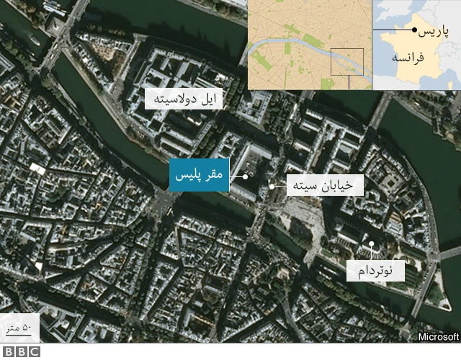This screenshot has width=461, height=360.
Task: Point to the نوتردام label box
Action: [375, 270]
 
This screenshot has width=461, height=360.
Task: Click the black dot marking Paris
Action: [414, 30]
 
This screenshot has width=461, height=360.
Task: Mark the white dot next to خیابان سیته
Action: [272, 186]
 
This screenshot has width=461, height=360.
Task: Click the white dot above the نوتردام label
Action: [372, 245]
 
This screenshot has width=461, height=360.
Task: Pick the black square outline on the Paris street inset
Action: [347, 61]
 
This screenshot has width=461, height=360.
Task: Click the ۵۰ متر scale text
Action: [17, 328]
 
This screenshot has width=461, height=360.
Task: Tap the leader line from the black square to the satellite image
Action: [349, 81]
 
